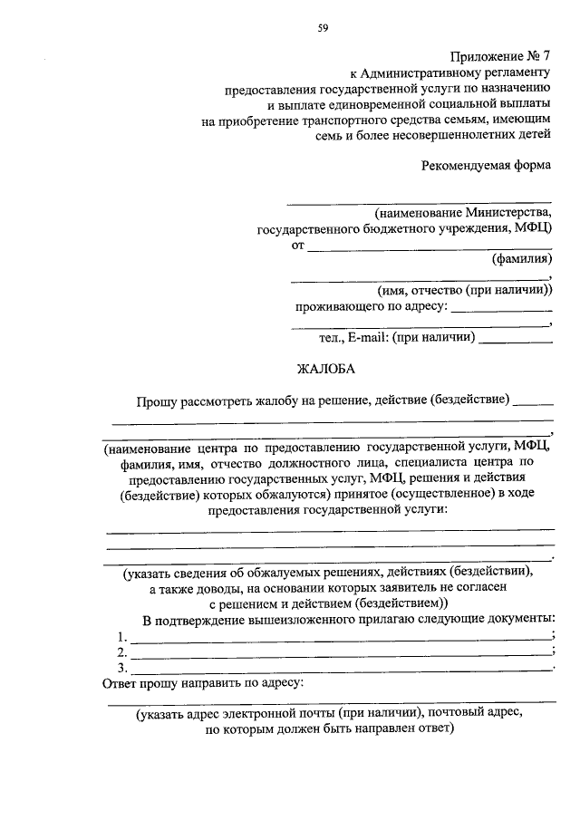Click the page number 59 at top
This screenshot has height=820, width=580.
322,28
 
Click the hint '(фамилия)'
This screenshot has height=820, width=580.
521,259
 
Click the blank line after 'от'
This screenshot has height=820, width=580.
430,246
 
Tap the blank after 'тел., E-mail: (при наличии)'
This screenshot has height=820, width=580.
516,341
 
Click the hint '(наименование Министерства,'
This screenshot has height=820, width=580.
463,212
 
